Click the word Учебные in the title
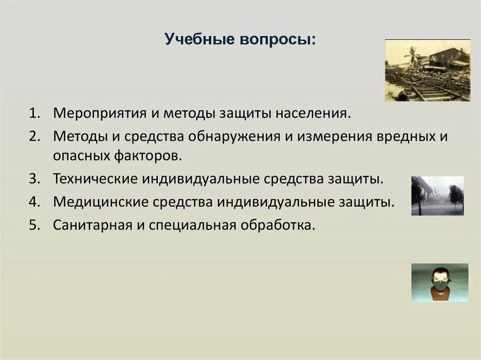(x=199, y=39)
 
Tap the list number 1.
(x=35, y=113)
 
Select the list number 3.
(x=35, y=178)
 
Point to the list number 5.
(x=35, y=225)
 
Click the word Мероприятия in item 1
(x=100, y=114)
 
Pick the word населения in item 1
(x=312, y=114)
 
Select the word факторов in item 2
(x=148, y=156)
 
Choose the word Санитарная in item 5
(x=93, y=226)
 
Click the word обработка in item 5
(x=278, y=225)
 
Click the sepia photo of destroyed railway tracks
(x=427, y=70)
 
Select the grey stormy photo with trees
(x=437, y=196)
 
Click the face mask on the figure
(x=440, y=286)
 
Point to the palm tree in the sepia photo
(x=411, y=57)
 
